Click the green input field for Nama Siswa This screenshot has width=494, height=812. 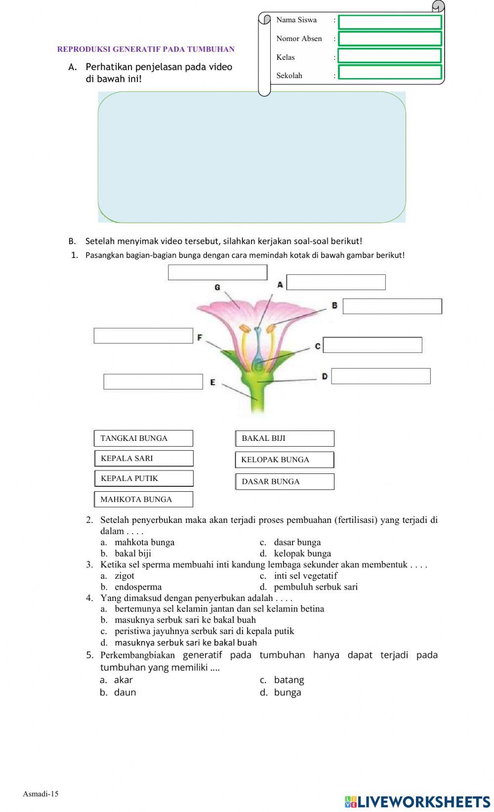390,22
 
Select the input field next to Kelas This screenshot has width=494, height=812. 390,55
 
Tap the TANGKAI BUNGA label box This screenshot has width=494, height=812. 143,438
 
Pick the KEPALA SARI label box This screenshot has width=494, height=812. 143,459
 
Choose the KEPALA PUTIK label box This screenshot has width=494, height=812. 143,478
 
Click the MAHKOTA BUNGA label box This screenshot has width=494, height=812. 143,499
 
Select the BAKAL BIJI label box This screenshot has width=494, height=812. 285,438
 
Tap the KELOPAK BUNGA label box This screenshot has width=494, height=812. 285,460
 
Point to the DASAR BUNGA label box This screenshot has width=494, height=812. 285,481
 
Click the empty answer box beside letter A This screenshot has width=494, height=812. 336,282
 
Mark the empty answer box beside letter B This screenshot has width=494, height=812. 392,306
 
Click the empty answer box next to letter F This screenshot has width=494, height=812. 143,336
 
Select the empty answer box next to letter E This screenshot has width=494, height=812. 153,382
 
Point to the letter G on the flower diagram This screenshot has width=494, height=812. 217,287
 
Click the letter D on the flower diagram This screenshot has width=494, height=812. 325,377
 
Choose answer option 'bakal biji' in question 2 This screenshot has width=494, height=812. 132,554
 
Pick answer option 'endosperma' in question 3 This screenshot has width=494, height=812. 138,587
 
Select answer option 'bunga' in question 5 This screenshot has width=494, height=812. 287,692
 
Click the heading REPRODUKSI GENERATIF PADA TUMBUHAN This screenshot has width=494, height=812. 146,49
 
